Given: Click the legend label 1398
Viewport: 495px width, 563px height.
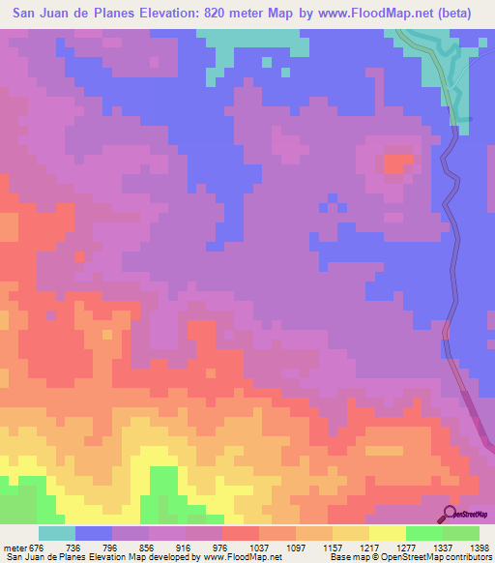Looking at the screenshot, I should [478, 548].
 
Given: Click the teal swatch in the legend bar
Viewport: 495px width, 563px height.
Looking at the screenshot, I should [56, 533].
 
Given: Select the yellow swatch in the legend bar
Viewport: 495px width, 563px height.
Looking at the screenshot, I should [387, 533].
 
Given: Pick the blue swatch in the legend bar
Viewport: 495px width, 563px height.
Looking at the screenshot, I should [93, 533].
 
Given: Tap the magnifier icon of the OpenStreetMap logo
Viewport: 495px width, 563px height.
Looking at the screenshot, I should [450, 513].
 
